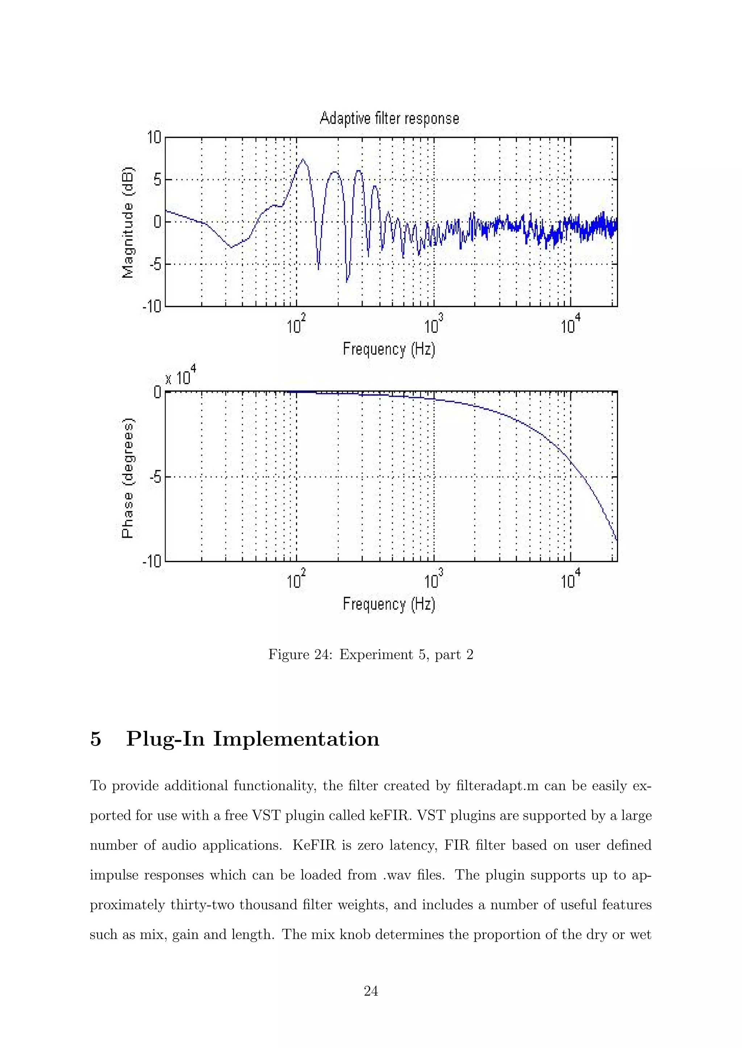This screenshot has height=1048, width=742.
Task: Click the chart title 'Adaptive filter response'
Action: (x=389, y=118)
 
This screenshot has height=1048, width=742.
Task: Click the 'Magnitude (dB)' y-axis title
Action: (x=128, y=222)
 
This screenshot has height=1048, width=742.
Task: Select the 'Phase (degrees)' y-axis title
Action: (x=128, y=478)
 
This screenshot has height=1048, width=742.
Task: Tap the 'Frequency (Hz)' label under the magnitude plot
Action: (x=389, y=349)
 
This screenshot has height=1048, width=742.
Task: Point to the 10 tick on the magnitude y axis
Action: (x=154, y=137)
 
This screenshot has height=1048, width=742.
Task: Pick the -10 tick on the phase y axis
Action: (x=152, y=561)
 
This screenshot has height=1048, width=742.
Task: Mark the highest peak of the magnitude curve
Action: (x=303, y=160)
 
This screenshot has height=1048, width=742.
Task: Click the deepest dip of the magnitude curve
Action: (x=347, y=282)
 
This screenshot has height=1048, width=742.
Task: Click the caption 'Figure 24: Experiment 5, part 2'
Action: (x=371, y=655)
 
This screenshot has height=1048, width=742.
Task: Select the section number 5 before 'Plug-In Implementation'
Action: (x=96, y=739)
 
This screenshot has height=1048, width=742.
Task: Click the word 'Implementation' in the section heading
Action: (x=296, y=739)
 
